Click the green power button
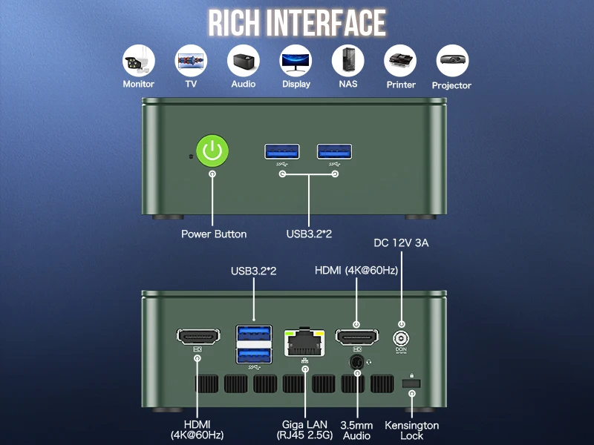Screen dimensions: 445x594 tap(213, 151)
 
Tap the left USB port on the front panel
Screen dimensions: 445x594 tap(281, 151)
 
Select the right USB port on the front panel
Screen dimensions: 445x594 tap(335, 151)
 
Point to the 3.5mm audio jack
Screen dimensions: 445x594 tap(357, 362)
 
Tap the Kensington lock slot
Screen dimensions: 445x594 tap(411, 383)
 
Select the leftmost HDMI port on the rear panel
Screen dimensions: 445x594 tap(198, 337)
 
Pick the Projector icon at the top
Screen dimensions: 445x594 tap(451, 61)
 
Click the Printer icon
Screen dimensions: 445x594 tap(400, 61)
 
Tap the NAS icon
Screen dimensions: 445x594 tap(347, 61)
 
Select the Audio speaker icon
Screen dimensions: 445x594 tap(243, 61)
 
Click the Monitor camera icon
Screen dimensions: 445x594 tap(138, 61)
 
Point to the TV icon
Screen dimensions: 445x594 tap(191, 61)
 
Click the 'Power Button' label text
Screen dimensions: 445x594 tap(214, 234)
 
